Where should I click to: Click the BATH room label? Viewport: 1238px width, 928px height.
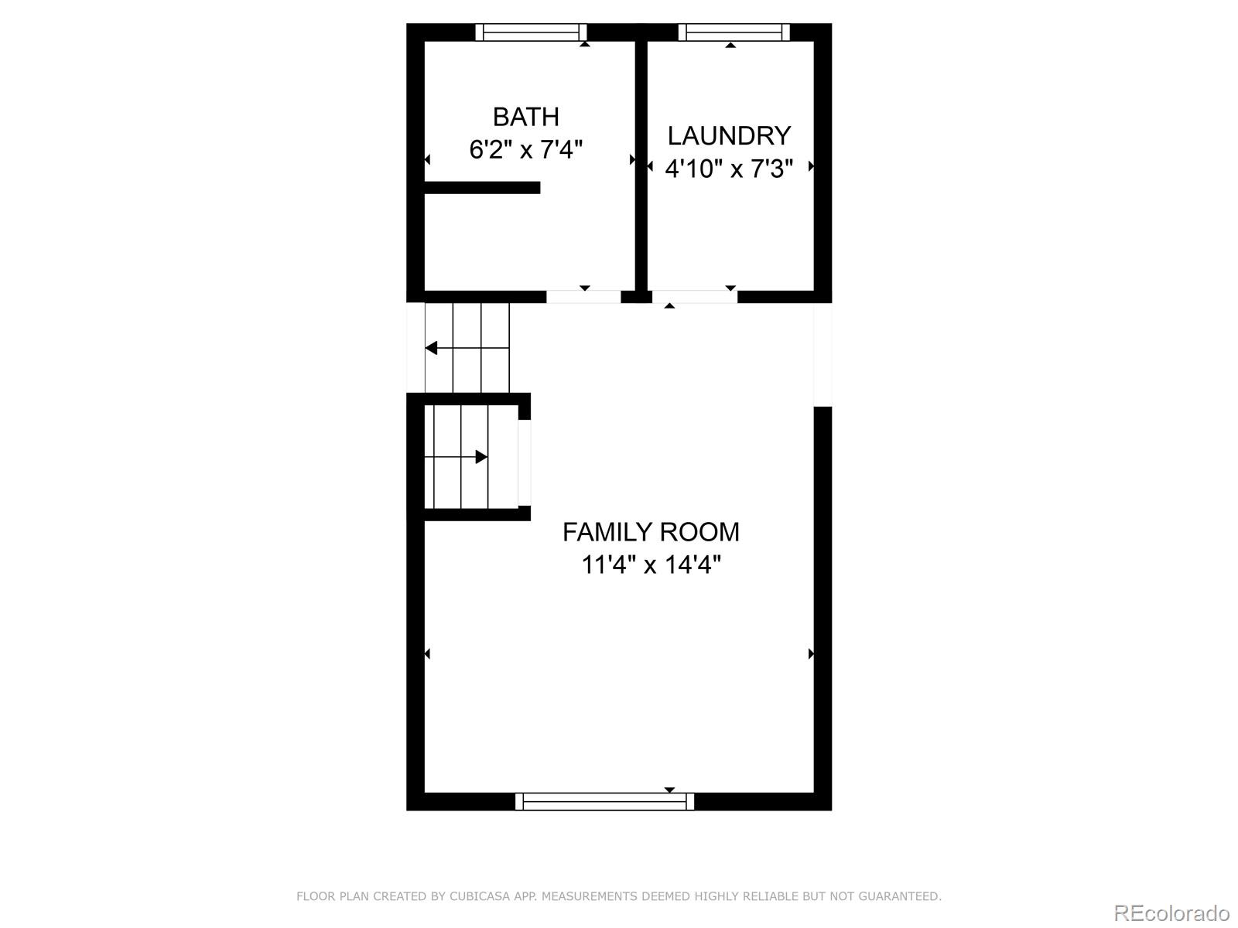(x=525, y=117)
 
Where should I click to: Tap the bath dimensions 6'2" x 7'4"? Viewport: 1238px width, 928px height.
(x=525, y=148)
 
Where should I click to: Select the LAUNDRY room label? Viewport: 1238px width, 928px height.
(x=729, y=136)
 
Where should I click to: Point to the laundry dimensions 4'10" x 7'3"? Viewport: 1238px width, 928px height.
(x=729, y=168)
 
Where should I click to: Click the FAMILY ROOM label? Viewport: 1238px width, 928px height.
(x=651, y=532)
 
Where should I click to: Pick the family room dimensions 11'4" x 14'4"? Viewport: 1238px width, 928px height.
(x=651, y=565)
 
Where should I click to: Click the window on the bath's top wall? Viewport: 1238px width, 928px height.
(x=531, y=32)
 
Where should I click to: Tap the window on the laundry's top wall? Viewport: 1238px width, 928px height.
(x=734, y=32)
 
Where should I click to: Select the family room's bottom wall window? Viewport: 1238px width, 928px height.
(x=604, y=802)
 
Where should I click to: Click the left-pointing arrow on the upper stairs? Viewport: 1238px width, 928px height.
(x=432, y=348)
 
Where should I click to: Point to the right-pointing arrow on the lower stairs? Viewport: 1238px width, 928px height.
(x=480, y=457)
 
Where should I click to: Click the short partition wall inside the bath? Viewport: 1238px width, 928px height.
(x=481, y=187)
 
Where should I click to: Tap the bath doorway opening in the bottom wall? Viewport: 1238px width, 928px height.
(x=583, y=296)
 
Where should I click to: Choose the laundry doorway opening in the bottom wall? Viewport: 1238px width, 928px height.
(x=694, y=296)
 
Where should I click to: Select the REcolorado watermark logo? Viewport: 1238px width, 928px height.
(x=1171, y=913)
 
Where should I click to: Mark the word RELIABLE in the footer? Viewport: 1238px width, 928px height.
(x=770, y=896)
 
